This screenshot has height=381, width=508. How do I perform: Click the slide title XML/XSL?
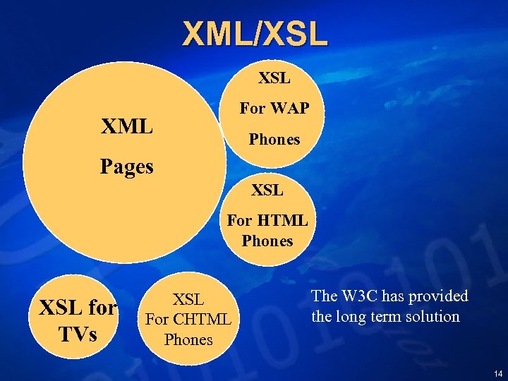point(255,34)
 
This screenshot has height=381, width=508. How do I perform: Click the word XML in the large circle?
point(127,127)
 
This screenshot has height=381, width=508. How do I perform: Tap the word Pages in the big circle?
point(127,167)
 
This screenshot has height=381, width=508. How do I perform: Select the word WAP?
point(289,109)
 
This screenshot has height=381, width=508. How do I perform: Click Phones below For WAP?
point(274,140)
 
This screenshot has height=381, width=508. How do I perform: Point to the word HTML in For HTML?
point(286,220)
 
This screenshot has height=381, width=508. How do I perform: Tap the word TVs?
point(78,333)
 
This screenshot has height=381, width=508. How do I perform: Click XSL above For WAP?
point(274,78)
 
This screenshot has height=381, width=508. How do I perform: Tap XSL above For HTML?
point(267,190)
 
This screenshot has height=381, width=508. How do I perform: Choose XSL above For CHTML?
point(188,299)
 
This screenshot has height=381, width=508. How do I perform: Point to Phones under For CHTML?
point(188,339)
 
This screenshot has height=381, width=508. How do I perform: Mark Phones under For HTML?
point(267,241)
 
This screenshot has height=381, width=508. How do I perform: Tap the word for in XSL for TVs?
point(103,308)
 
